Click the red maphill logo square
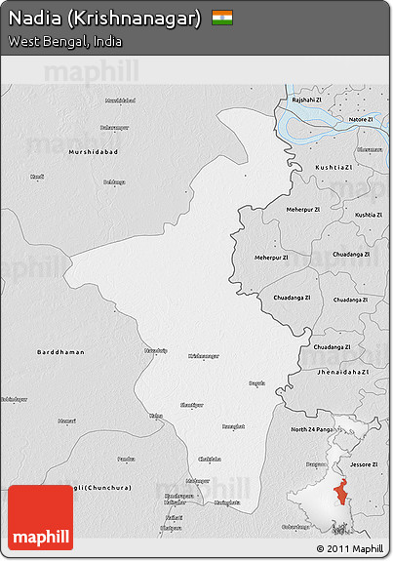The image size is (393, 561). click(41, 517)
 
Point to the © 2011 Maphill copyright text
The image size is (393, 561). click(350, 549)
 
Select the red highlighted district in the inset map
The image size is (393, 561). click(341, 494)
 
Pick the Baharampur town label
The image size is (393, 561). click(114, 128)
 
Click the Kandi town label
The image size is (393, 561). click(37, 177)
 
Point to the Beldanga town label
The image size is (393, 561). click(115, 181)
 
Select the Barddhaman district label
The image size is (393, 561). click(60, 351)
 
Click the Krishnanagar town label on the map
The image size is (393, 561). click(204, 356)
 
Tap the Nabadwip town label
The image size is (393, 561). click(156, 349)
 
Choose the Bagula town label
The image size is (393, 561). click(256, 383)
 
